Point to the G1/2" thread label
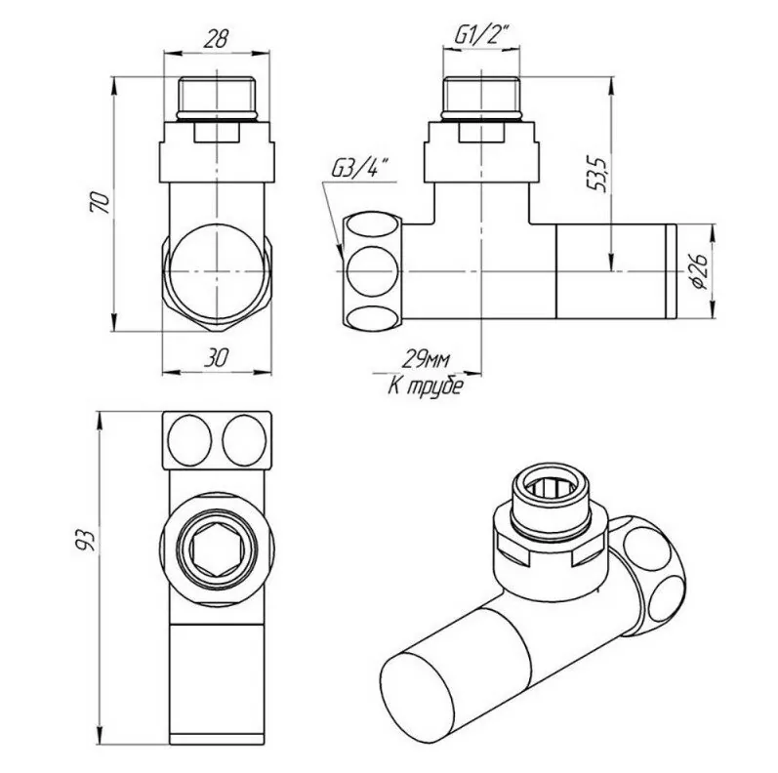(x=481, y=37)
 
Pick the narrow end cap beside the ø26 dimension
(x=670, y=270)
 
